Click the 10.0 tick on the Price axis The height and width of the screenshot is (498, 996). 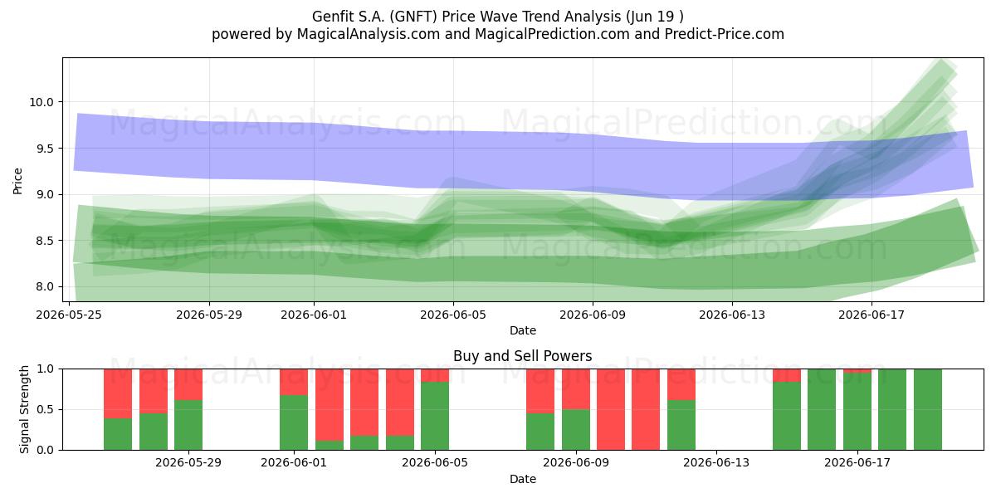(x=41, y=102)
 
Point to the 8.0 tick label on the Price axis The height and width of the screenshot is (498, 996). (x=45, y=287)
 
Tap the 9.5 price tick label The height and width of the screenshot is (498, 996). (x=45, y=149)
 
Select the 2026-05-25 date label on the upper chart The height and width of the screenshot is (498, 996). (x=69, y=315)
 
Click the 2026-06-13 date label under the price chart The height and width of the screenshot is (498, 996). (x=732, y=315)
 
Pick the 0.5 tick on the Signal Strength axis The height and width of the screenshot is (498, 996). (x=45, y=409)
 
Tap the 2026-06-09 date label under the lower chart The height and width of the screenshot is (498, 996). (x=576, y=463)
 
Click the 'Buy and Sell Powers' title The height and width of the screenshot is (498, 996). (x=522, y=356)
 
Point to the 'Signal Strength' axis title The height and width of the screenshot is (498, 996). (x=24, y=409)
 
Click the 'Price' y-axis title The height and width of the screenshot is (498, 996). (x=17, y=181)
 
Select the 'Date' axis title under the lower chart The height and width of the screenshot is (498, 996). (x=522, y=480)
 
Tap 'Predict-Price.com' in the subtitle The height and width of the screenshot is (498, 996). (x=725, y=34)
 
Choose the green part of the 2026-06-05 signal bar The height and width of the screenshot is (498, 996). (x=435, y=416)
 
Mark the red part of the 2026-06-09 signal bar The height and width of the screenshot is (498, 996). (x=576, y=389)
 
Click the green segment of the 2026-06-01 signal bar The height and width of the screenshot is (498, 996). (x=294, y=422)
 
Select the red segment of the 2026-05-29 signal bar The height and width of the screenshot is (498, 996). (x=188, y=384)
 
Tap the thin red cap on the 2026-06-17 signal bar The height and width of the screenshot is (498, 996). (x=857, y=371)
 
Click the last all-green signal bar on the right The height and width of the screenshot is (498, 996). (x=928, y=409)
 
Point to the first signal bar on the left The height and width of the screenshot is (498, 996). (x=118, y=409)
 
